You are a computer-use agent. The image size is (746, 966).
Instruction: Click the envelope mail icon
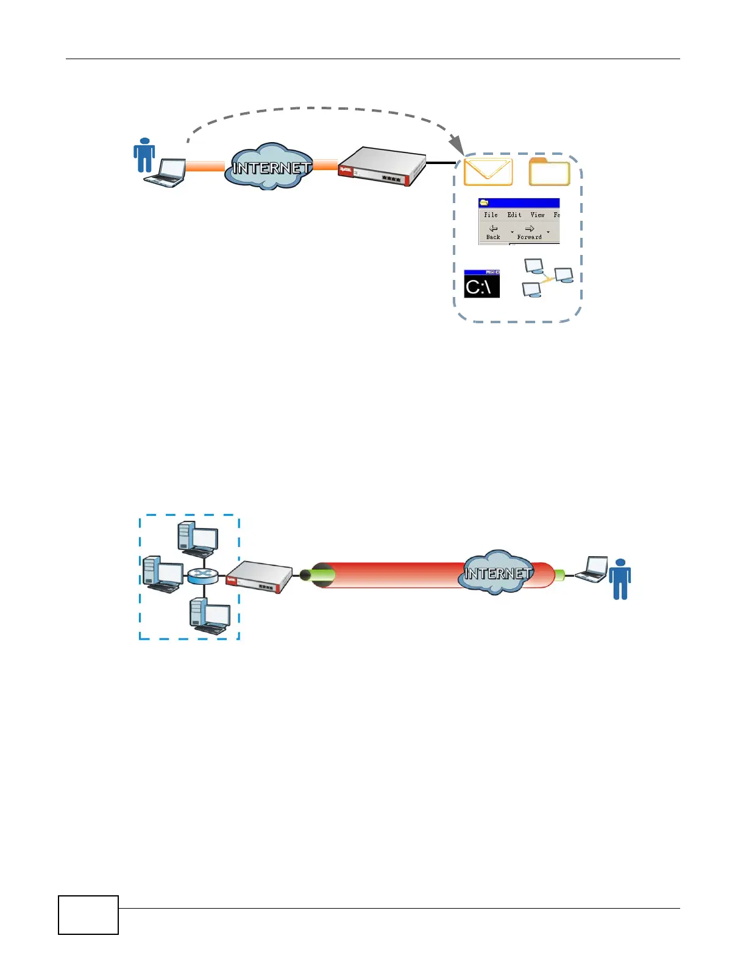[488, 171]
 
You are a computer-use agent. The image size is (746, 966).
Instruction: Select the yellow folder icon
[549, 171]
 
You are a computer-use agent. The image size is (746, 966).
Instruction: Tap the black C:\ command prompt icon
[481, 284]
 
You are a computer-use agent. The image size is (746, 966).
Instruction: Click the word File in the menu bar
[491, 215]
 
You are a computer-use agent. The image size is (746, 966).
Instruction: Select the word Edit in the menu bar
[514, 215]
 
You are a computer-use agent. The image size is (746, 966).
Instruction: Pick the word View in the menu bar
[537, 215]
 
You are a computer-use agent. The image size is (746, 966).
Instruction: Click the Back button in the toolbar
[493, 232]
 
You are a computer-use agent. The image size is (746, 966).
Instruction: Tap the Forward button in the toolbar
[529, 232]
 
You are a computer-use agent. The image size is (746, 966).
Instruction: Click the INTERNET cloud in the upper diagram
[269, 167]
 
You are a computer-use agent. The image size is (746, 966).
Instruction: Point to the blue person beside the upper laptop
[144, 156]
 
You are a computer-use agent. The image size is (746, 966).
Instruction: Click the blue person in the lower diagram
[620, 579]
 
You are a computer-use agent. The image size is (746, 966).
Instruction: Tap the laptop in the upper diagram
[166, 173]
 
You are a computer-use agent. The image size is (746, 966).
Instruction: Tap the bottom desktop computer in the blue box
[209, 615]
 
